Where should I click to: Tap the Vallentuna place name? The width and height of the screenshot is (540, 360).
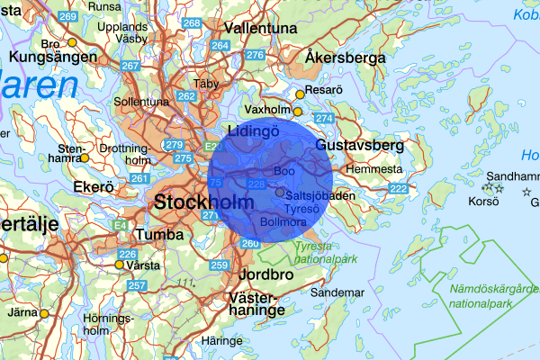point(260,29)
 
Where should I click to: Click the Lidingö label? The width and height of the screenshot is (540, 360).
point(255,131)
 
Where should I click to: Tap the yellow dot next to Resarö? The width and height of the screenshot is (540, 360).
point(300,92)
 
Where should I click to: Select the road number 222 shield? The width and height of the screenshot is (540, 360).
point(398,188)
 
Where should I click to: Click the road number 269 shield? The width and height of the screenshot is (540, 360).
point(67,17)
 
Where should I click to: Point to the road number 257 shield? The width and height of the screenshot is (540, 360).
point(137,285)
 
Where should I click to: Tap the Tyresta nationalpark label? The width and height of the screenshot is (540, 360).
point(306,252)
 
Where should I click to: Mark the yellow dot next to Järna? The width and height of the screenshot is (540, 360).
point(43,314)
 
